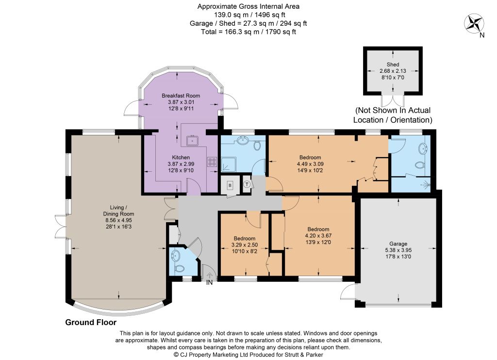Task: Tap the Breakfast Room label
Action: [181, 96]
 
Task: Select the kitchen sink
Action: [192, 140]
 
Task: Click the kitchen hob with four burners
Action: [212, 162]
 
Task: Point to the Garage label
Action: [398, 244]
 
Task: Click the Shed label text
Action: [393, 65]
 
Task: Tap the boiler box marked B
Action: [231, 185]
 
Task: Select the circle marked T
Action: [247, 184]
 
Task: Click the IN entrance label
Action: [210, 282]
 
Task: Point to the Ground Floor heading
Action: [91, 322]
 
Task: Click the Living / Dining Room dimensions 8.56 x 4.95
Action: [118, 220]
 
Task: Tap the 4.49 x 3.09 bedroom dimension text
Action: [310, 164]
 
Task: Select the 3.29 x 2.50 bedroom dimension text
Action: [245, 245]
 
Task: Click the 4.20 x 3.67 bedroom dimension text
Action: [318, 236]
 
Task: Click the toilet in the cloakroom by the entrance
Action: [180, 268]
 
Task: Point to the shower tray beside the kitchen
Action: [228, 165]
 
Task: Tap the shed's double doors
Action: [393, 101]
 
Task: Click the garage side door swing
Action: [348, 292]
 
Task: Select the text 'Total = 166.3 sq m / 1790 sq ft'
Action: [248, 32]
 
